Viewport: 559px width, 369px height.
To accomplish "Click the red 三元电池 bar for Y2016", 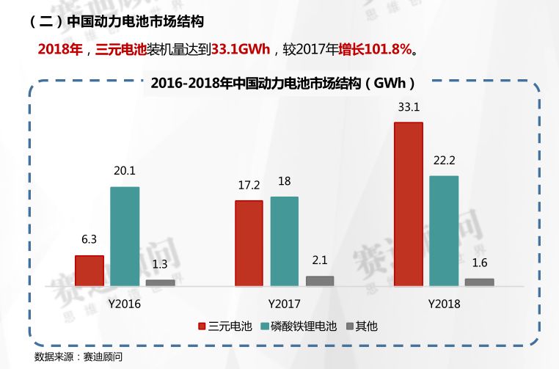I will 89,270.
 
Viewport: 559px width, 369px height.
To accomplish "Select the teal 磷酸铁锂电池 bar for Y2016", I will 125,235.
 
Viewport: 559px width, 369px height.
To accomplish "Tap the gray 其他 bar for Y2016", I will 160,282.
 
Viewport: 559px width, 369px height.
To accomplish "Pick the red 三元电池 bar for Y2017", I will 249,242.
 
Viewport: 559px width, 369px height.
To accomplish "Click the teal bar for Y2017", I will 284,241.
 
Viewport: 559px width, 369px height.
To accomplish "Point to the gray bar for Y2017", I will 319,280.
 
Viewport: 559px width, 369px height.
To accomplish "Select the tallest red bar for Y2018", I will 409,203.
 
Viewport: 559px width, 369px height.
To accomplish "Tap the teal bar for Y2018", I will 444,230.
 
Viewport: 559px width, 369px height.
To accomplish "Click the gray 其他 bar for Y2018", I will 479,282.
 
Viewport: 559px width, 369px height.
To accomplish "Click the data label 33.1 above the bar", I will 409,107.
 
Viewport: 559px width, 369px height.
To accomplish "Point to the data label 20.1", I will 125,172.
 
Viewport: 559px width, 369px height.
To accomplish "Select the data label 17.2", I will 249,186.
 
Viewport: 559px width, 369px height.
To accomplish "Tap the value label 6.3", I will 89,240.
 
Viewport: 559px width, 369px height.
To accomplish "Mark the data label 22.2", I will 444,161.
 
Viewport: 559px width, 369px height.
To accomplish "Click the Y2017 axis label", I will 284,303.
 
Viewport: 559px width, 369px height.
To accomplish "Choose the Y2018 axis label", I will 444,303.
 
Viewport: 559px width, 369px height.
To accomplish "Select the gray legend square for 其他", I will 350,326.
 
